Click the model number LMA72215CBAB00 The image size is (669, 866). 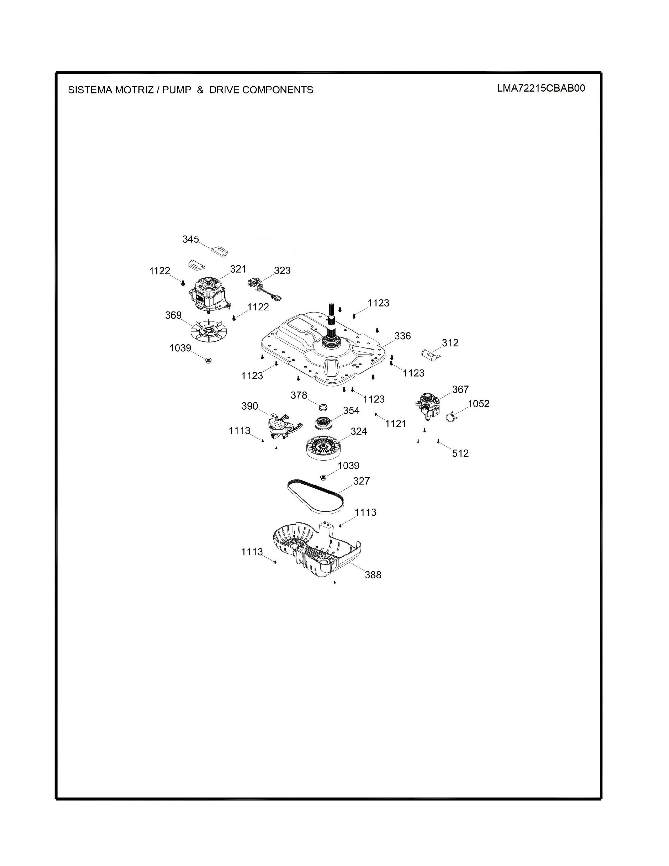point(541,88)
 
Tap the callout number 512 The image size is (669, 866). point(460,453)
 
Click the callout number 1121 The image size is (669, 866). point(396,424)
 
